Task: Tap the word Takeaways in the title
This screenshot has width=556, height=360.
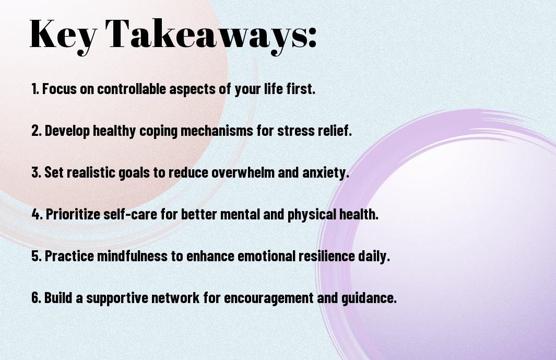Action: tap(207, 35)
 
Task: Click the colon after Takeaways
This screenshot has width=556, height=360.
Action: tap(312, 38)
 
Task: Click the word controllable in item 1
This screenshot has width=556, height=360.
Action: tap(132, 88)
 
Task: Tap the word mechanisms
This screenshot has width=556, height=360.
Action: tap(217, 130)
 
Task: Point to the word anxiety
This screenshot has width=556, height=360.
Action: tap(326, 173)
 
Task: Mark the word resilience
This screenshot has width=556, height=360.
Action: tap(327, 256)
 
